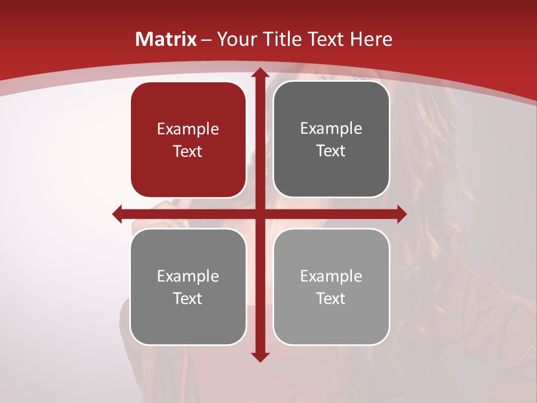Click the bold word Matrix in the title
[x=166, y=39]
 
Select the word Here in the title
[x=371, y=39]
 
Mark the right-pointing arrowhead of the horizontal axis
[x=401, y=214]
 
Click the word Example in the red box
[x=188, y=129]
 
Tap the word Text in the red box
[x=188, y=151]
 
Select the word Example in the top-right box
[x=331, y=129]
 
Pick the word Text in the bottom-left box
[x=188, y=298]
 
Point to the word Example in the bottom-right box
[x=331, y=276]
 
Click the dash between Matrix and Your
[x=206, y=40]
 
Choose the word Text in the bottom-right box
[x=331, y=298]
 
